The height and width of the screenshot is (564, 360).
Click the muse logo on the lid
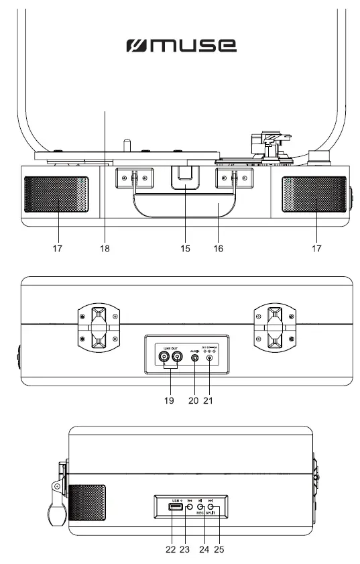[x=181, y=46]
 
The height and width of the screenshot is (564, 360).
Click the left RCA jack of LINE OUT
[x=165, y=359]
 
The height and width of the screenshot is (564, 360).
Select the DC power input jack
[x=211, y=359]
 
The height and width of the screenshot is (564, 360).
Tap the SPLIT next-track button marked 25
[x=211, y=508]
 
